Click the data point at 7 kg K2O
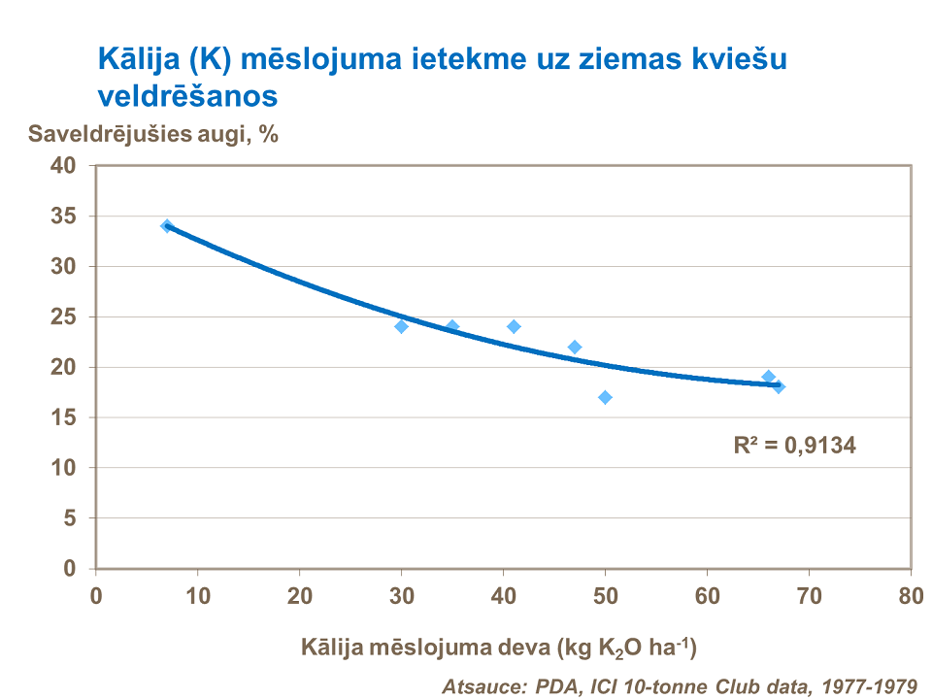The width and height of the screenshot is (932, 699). click(167, 226)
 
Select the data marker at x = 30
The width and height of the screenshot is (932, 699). click(401, 326)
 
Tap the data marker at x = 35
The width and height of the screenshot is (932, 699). click(452, 326)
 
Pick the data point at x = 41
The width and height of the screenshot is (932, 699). click(514, 326)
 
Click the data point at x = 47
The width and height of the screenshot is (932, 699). click(575, 347)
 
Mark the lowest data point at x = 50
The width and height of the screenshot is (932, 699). click(605, 397)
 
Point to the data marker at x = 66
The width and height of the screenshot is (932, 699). click(768, 377)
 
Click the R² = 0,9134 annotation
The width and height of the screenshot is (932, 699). click(795, 446)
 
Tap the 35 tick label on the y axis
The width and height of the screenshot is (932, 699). click(63, 216)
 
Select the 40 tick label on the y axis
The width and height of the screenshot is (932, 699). click(63, 166)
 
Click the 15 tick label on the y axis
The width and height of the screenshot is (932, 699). click(63, 417)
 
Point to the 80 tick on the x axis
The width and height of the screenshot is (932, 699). click(910, 594)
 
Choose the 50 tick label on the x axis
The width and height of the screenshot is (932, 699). click(605, 594)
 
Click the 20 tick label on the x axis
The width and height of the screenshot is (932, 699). click(299, 594)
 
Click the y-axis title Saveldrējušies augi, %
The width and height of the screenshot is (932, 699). click(153, 135)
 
